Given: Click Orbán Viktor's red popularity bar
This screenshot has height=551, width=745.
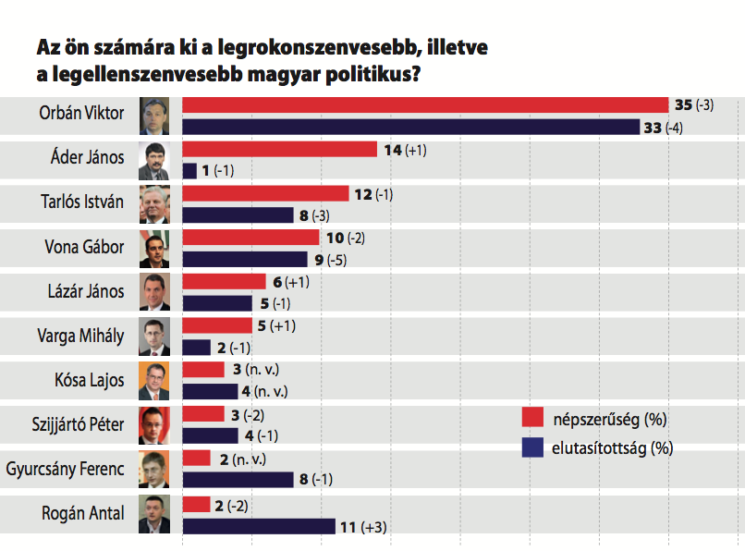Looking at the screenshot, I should coord(425,104).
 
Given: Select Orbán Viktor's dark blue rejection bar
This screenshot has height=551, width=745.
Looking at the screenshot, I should coord(411,127).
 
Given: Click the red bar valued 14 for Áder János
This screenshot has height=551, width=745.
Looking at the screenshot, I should coord(280,149).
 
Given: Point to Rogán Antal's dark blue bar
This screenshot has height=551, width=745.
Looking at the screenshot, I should coord(259,526).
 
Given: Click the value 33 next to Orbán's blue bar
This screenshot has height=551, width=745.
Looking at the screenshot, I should coord(653,128).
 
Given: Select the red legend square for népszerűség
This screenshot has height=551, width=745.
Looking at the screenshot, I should coord(531,418).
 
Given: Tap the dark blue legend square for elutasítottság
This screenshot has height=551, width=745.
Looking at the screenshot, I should coord(531,448).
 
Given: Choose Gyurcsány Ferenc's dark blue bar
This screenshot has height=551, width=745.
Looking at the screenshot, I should coord(238,480).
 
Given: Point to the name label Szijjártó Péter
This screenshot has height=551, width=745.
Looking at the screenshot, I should coord(79,425).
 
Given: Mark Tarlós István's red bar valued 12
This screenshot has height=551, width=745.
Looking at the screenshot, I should coord(266,193).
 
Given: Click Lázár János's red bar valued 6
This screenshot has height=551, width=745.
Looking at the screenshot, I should coord(225,281).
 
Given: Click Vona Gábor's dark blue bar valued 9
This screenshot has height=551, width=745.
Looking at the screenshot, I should coord(245,260).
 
